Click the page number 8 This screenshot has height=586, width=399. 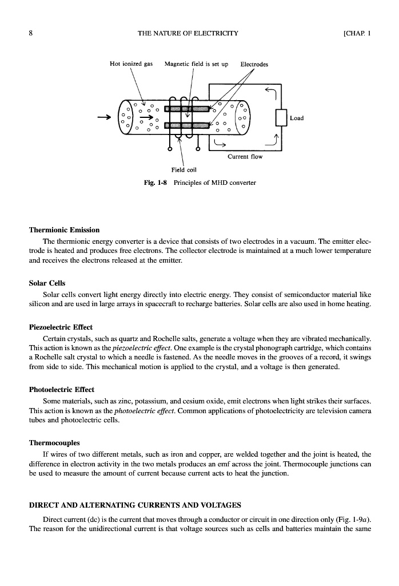point(30,33)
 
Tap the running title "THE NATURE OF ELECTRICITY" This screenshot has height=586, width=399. point(188,33)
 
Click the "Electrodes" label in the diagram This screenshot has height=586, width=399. point(254,64)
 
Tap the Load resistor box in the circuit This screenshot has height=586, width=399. point(280,118)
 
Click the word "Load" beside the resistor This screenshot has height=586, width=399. point(297,118)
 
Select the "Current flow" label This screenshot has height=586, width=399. point(244,157)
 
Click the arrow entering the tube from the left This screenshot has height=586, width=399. point(105,118)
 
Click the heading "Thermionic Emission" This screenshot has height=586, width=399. point(64,230)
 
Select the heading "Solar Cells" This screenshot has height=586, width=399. point(47,283)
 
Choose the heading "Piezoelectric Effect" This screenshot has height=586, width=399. point(61,327)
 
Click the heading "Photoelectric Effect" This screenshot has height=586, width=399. point(62,389)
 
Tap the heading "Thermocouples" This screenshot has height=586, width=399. point(54,442)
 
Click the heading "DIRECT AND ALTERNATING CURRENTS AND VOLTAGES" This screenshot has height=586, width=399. point(135,505)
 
